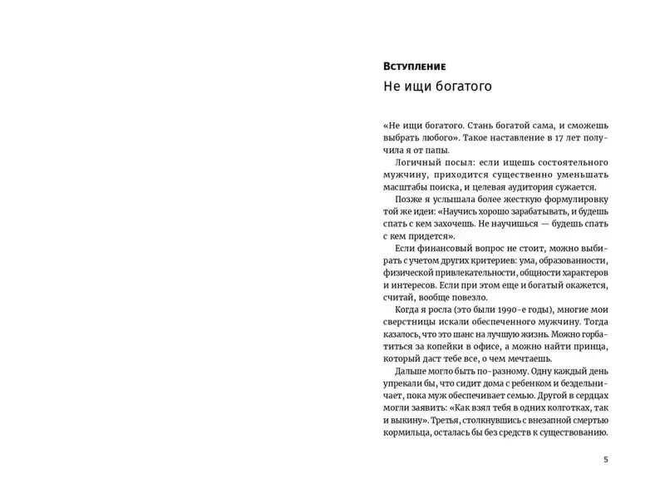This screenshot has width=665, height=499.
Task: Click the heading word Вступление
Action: (x=416, y=65)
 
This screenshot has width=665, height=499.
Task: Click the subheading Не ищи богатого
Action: (x=437, y=86)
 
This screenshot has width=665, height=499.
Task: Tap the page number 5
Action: (x=606, y=459)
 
